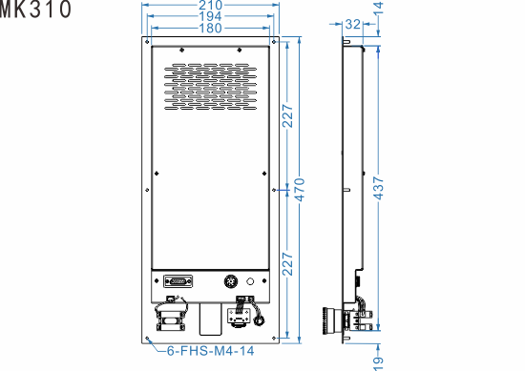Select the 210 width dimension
coord(210,6)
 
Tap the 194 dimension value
coord(210,18)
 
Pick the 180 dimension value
coord(210,30)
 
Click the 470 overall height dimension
coord(299,189)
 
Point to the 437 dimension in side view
coord(378,189)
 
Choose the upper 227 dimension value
coord(285,114)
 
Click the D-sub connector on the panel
coord(178,282)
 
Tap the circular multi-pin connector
coord(230,282)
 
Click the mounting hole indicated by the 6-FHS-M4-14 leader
coord(148,339)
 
